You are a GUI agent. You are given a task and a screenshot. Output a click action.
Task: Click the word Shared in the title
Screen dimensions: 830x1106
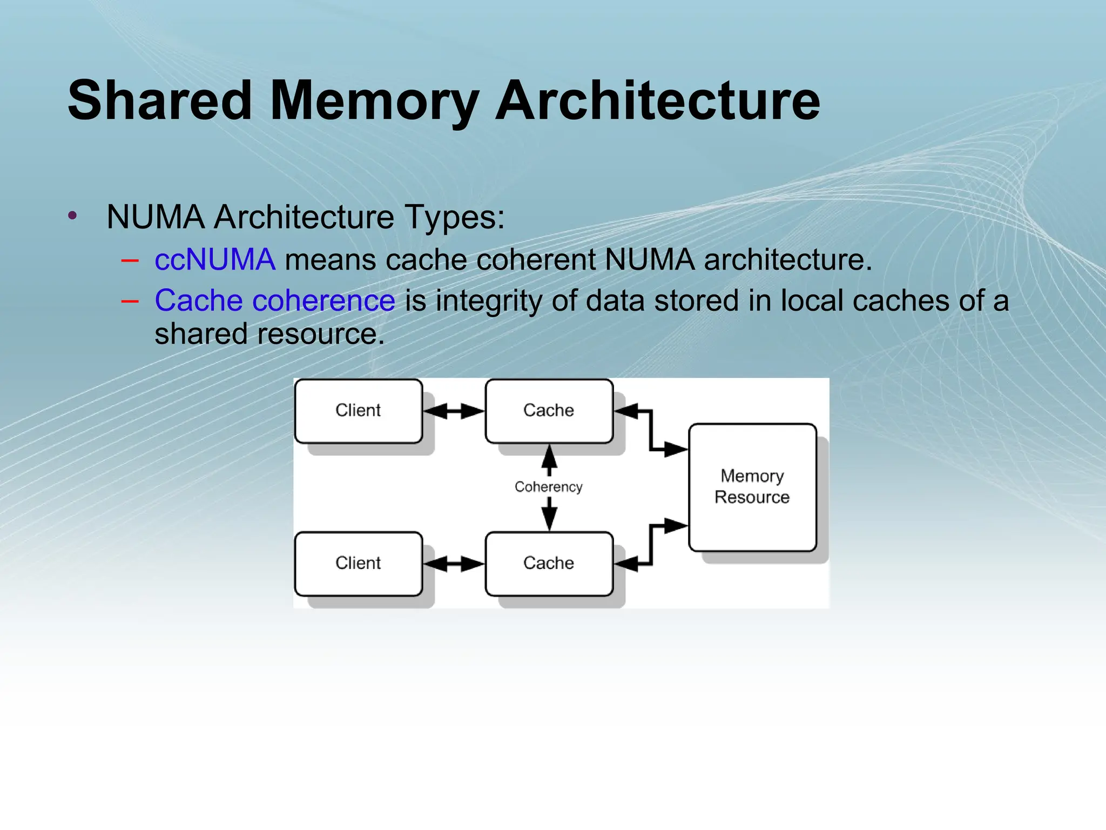point(160,101)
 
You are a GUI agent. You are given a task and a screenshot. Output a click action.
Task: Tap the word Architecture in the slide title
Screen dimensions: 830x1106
point(657,101)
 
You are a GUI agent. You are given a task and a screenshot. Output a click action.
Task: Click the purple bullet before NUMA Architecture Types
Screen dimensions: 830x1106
point(73,216)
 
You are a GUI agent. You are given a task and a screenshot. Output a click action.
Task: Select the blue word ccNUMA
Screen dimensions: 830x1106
point(214,259)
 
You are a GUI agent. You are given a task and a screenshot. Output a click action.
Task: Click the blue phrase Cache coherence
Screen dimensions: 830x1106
point(274,300)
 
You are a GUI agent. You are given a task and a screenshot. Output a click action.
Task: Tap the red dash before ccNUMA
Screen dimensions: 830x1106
point(130,260)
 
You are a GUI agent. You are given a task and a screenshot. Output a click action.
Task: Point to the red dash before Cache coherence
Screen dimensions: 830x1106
point(130,302)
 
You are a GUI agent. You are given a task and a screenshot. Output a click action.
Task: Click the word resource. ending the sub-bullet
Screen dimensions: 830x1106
point(320,334)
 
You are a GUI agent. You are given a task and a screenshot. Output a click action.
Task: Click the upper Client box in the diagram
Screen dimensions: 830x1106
point(358,411)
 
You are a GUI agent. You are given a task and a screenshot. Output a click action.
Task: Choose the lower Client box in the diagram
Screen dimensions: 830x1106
point(358,563)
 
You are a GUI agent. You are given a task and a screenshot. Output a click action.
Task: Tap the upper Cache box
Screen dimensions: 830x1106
point(549,411)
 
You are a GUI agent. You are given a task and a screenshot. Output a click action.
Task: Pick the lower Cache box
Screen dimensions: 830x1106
point(549,563)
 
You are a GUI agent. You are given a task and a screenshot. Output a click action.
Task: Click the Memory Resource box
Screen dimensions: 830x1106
point(752,486)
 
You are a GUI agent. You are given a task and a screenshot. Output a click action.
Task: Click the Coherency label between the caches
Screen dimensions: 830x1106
point(549,487)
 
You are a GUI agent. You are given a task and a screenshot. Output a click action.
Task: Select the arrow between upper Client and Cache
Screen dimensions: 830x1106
point(454,411)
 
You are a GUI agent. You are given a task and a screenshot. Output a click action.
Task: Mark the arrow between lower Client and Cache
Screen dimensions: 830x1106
point(454,564)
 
